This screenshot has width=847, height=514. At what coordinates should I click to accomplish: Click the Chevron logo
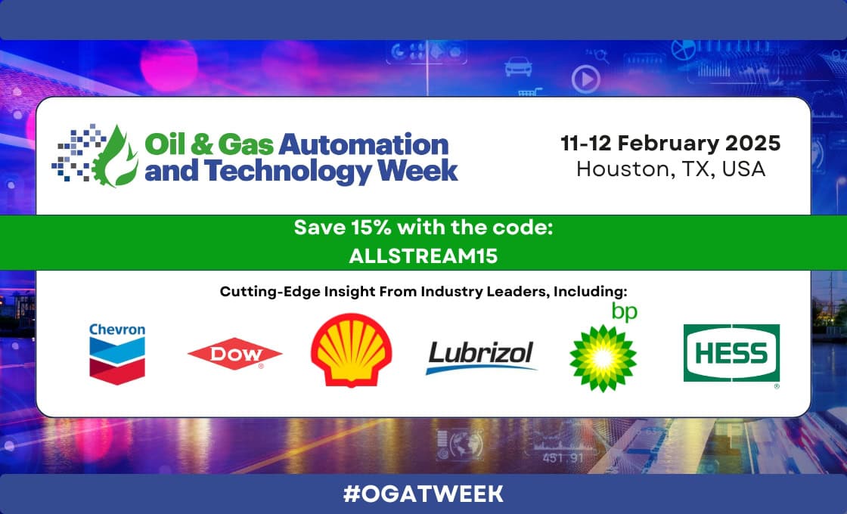pyautogui.click(x=117, y=354)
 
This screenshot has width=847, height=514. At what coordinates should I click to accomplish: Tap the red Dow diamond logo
pyautogui.click(x=235, y=354)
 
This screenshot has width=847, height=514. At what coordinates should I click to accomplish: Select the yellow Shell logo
pyautogui.click(x=351, y=350)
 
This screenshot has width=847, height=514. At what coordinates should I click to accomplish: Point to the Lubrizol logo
pyautogui.click(x=481, y=357)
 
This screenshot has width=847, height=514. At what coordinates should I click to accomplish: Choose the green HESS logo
pyautogui.click(x=731, y=353)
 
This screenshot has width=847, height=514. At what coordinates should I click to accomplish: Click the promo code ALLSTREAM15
pyautogui.click(x=423, y=256)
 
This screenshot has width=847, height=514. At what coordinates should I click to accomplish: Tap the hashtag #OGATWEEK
pyautogui.click(x=423, y=494)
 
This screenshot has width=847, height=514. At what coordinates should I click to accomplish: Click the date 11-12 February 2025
pyautogui.click(x=670, y=143)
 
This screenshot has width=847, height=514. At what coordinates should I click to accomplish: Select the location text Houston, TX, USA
pyautogui.click(x=671, y=169)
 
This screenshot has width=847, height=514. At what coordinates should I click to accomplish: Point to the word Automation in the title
pyautogui.click(x=364, y=144)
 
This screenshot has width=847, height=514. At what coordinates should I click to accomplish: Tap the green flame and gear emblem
pyautogui.click(x=114, y=156)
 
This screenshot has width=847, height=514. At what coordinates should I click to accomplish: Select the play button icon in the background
pyautogui.click(x=586, y=79)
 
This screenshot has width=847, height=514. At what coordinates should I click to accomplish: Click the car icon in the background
pyautogui.click(x=518, y=67)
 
